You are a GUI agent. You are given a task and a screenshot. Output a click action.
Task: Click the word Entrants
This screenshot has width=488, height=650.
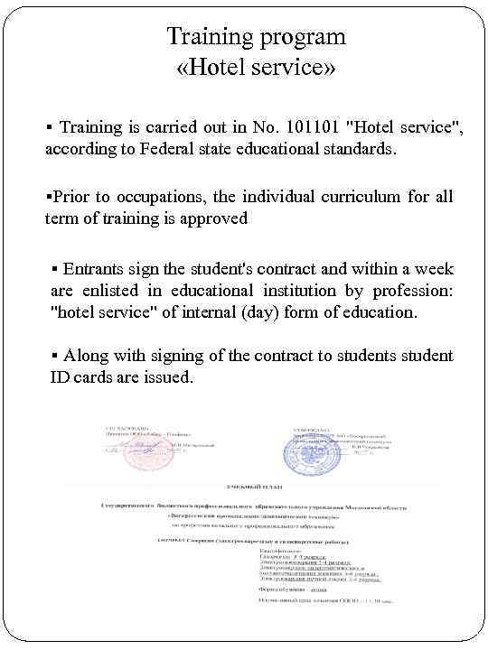pos(94,268)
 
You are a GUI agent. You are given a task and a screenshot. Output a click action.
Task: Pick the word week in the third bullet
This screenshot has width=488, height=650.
pos(435,268)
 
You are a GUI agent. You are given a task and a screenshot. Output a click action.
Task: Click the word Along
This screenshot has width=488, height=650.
pos(89,356)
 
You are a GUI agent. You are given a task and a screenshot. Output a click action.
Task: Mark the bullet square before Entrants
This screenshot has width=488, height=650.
pos(55,269)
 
